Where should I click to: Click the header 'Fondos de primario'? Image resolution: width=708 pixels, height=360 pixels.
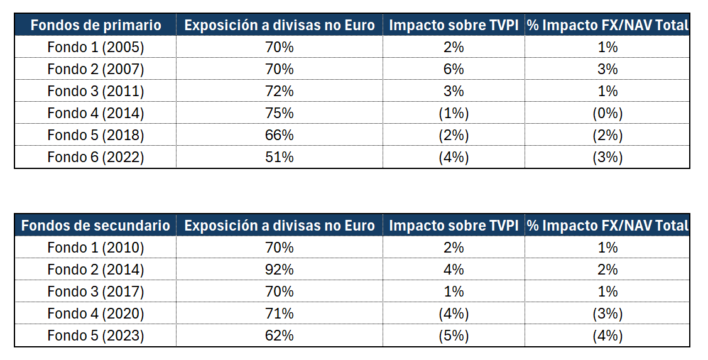(x=95, y=25)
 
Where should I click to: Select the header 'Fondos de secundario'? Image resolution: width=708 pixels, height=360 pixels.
(x=95, y=226)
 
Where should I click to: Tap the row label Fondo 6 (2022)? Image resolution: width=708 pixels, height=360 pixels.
(x=95, y=157)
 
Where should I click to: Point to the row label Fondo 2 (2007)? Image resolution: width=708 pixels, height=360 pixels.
(x=95, y=69)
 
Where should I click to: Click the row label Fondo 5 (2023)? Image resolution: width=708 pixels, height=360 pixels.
(x=95, y=335)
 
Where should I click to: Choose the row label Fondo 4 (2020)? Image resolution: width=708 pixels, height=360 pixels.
(x=95, y=314)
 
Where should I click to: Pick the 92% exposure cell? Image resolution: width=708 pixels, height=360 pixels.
(x=279, y=270)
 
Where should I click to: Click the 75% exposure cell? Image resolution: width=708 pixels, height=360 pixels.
(x=279, y=113)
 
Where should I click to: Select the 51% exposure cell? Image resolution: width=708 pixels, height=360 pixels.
(x=279, y=157)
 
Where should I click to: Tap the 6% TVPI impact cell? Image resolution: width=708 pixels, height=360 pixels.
(x=454, y=69)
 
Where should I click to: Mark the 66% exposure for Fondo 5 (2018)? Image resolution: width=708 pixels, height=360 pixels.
(x=279, y=135)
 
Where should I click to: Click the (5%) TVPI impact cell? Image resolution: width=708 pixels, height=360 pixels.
(x=454, y=335)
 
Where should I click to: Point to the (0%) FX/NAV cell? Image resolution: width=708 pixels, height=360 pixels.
(x=607, y=113)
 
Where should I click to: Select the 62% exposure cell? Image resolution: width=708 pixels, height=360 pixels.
(x=279, y=335)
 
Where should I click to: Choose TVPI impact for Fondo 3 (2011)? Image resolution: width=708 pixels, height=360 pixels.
(x=454, y=91)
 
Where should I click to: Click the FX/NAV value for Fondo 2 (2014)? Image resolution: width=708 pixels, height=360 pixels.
(x=607, y=270)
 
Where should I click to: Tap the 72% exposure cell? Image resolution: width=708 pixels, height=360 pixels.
(x=279, y=91)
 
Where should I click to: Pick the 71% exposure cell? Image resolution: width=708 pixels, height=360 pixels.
(x=279, y=314)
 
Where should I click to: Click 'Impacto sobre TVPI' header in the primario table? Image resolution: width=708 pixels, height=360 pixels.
(x=454, y=25)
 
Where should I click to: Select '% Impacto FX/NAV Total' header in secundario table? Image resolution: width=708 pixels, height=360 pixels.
(x=607, y=226)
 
